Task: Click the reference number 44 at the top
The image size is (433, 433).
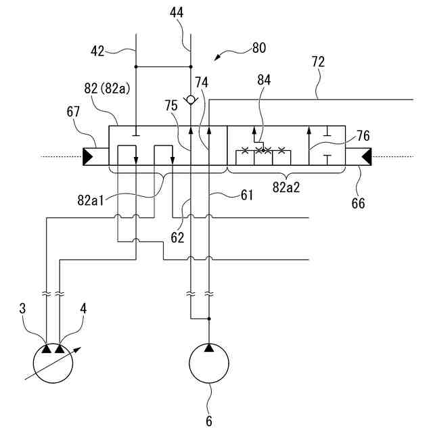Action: point(177,13)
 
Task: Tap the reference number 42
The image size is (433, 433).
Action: point(97,51)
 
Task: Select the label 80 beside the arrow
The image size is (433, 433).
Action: point(259,48)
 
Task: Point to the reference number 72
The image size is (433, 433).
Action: point(319,62)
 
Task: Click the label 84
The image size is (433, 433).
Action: point(264,80)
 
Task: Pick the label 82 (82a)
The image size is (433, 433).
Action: point(107,89)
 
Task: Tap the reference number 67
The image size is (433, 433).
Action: point(73,112)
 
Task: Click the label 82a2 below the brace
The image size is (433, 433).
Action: point(286,187)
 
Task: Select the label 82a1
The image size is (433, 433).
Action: point(90,200)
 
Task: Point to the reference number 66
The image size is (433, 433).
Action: point(358,203)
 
